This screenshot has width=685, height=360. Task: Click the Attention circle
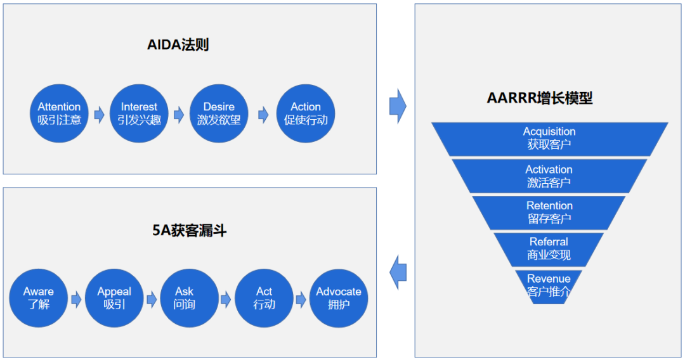[59, 113]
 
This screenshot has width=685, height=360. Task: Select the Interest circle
[139, 113]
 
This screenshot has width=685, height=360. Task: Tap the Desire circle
[219, 113]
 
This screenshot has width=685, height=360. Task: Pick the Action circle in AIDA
[306, 113]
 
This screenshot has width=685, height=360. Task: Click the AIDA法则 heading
[178, 45]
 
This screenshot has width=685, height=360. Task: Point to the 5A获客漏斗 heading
[190, 231]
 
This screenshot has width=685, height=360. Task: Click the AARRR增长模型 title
[540, 98]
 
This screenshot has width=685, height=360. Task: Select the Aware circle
[39, 299]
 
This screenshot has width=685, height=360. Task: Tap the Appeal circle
[114, 299]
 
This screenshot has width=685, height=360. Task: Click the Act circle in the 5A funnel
[264, 299]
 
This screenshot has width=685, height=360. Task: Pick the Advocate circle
[339, 299]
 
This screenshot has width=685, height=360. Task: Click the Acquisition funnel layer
[549, 138]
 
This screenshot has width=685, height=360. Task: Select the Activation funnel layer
[549, 176]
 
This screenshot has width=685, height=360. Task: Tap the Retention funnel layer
[549, 212]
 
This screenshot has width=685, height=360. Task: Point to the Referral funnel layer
[549, 248]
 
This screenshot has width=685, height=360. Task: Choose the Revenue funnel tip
[549, 285]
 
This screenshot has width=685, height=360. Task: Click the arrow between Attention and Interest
[99, 115]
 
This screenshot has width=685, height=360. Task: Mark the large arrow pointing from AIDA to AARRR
[397, 106]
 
